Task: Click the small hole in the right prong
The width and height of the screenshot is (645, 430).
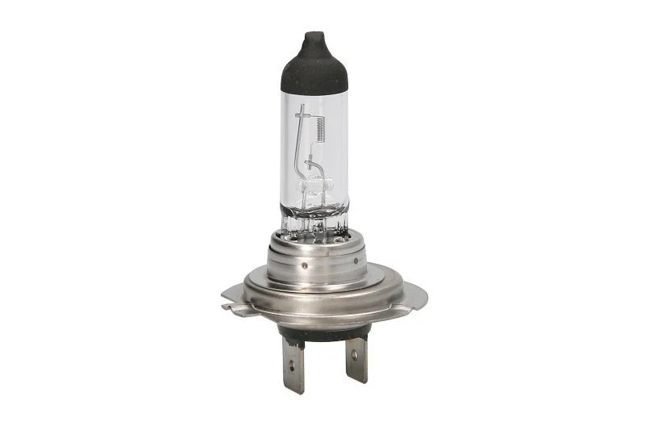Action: pos(356,356)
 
